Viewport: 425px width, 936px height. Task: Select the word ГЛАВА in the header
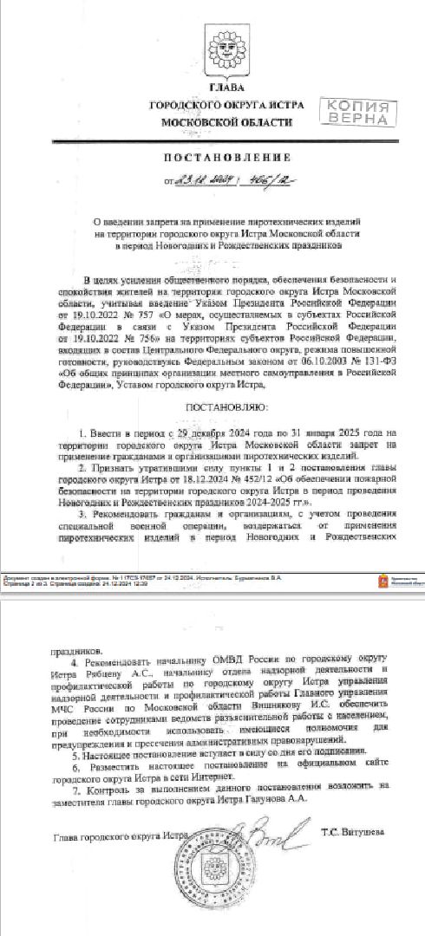click(x=215, y=89)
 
